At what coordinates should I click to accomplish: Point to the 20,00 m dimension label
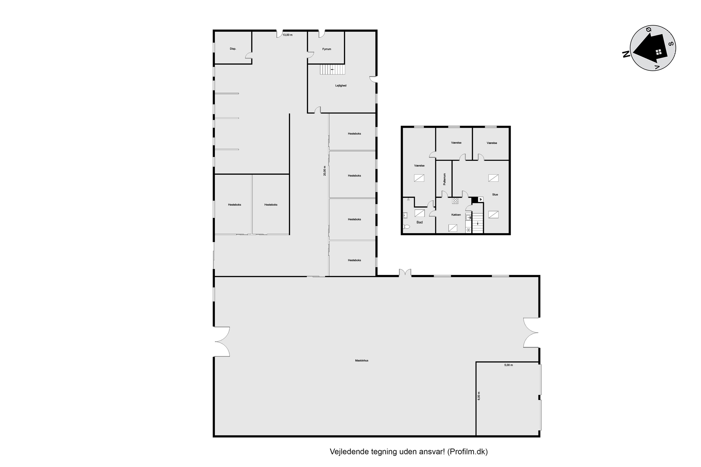[x=325, y=171]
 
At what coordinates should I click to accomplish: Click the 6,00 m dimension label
[x=479, y=396]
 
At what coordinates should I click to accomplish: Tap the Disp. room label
[x=233, y=49]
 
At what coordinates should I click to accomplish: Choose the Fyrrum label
[x=327, y=49]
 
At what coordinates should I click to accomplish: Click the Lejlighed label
[x=341, y=86]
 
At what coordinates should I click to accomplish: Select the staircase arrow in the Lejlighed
[x=332, y=69]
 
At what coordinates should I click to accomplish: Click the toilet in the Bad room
[x=406, y=227]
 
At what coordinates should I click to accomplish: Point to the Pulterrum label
[x=444, y=179]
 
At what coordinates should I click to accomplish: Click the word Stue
[x=495, y=195]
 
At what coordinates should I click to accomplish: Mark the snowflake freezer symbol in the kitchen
[x=468, y=230]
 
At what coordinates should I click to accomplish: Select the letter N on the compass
[x=626, y=54]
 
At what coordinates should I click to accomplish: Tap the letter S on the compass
[x=671, y=44]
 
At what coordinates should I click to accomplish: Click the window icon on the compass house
[x=659, y=52]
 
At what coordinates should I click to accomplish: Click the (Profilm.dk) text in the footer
[x=468, y=452]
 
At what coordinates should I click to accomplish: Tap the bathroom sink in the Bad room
[x=405, y=215]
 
